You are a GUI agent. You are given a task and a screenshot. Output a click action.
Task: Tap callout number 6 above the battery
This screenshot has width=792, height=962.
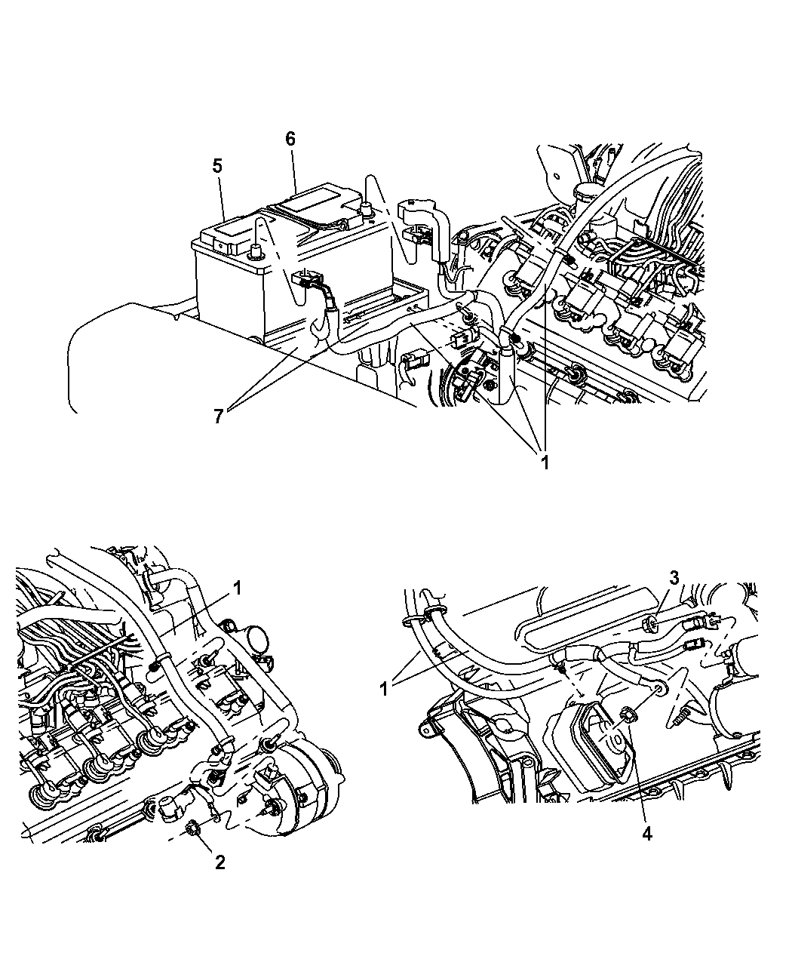click(290, 139)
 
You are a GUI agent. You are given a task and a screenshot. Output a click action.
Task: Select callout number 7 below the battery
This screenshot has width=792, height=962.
click(218, 416)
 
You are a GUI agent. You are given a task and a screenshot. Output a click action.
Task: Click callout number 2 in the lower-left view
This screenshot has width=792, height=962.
click(219, 862)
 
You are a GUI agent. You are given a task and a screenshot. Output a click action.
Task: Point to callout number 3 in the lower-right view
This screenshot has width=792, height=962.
click(674, 577)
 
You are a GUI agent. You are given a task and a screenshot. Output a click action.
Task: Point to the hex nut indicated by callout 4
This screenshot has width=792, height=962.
click(628, 712)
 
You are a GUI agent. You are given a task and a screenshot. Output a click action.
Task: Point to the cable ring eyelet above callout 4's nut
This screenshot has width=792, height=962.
click(661, 688)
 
